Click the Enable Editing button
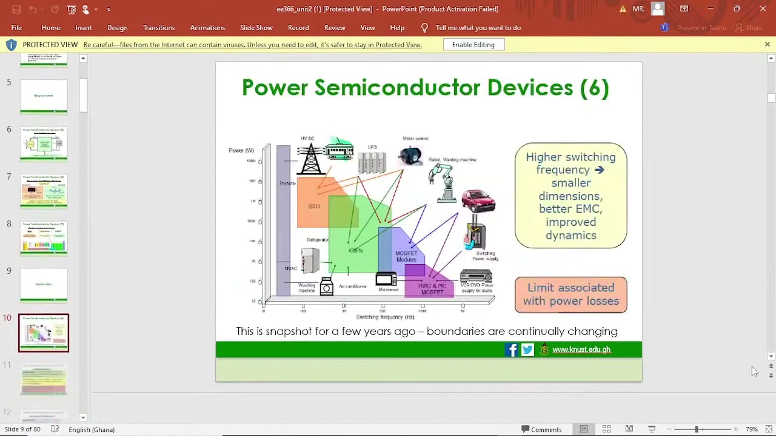(x=473, y=45)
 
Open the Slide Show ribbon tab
(x=256, y=28)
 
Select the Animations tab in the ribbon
(x=207, y=28)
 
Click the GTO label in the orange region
(x=313, y=206)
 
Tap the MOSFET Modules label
(x=406, y=256)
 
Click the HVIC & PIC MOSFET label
(x=432, y=289)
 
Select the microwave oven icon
(x=386, y=279)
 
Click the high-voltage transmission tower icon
(x=310, y=159)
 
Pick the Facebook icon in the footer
(x=511, y=349)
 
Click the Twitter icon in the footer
(x=527, y=349)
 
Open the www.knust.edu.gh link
(x=581, y=349)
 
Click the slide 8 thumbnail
(x=44, y=238)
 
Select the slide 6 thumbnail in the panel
(x=44, y=144)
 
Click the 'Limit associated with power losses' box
(x=570, y=295)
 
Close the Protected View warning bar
(x=767, y=45)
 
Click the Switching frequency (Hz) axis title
(x=385, y=317)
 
